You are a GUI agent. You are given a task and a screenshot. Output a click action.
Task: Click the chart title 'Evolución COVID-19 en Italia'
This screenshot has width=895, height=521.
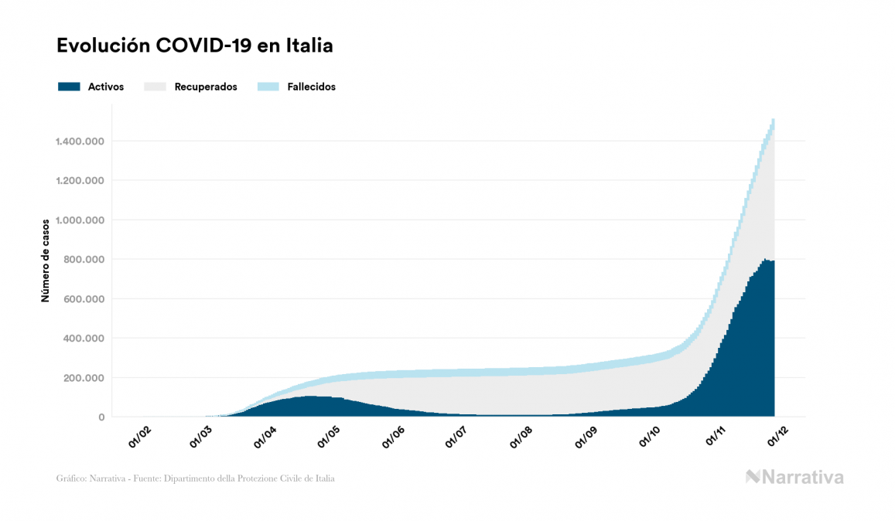point(194,46)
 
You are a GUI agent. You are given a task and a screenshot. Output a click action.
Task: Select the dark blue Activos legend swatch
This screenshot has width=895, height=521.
point(69,87)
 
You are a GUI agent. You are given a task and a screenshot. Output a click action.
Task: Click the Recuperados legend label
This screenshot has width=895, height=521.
point(206,87)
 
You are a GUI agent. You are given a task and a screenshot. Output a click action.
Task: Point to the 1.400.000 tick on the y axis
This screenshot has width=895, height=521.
point(80,141)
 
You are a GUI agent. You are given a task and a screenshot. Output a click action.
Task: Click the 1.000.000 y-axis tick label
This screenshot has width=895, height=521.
point(80,220)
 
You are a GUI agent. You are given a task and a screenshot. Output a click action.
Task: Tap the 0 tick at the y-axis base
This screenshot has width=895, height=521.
point(101,417)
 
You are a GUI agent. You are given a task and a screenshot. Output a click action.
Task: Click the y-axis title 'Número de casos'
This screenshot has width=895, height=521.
point(46,260)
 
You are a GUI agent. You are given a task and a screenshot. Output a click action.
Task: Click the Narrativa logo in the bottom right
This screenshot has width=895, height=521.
point(794,477)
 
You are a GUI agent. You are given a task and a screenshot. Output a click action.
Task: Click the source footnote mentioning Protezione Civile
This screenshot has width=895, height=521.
point(196,478)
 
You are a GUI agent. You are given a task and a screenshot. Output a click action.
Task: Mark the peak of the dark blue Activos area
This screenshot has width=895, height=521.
point(765,260)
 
